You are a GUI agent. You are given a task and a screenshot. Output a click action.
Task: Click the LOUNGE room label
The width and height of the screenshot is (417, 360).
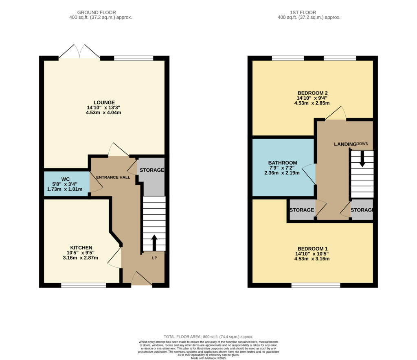[x=104, y=102]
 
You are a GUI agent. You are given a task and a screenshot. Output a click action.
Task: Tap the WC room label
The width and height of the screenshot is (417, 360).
[x=65, y=179]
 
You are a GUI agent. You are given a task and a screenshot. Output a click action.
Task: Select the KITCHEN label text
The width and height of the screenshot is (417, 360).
[x=81, y=248]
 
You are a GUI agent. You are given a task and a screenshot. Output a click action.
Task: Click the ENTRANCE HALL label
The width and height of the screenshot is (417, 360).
[x=113, y=177]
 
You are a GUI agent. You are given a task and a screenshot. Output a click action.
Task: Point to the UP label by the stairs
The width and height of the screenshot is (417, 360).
[x=154, y=258]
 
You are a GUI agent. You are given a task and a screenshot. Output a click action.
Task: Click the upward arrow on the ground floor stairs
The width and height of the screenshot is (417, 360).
[x=154, y=242]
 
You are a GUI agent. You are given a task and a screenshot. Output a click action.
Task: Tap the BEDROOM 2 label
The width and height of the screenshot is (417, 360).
[x=312, y=93]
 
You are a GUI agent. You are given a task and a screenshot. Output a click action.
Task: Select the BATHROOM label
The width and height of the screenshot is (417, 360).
[x=283, y=163]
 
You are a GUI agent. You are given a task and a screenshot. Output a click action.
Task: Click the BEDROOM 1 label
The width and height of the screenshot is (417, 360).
[x=312, y=249]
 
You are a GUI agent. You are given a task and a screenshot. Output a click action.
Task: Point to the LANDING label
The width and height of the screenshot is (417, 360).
[x=345, y=144]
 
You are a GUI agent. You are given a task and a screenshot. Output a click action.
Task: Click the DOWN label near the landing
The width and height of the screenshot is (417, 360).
[x=362, y=144]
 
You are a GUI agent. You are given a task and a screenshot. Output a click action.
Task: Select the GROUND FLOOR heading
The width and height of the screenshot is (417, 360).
[x=97, y=13]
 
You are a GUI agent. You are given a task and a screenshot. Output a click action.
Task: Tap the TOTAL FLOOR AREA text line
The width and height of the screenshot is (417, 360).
[x=208, y=337]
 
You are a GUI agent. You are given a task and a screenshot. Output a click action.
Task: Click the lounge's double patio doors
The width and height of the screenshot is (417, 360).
[x=79, y=52]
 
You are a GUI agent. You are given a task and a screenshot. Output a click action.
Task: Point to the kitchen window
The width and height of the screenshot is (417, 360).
[x=83, y=285]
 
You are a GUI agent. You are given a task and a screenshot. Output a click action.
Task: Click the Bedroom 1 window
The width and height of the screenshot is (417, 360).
[x=316, y=285]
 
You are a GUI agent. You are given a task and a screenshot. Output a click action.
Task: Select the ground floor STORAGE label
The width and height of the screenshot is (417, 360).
[x=152, y=170]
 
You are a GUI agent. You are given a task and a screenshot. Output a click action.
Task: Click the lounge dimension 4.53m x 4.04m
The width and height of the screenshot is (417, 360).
[x=103, y=112]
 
